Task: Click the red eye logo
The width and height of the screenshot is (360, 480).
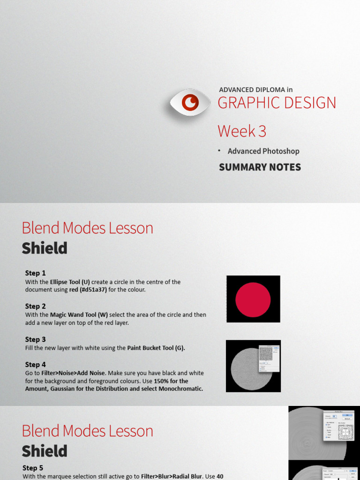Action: (190, 102)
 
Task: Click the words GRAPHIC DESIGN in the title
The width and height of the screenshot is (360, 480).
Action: (277, 103)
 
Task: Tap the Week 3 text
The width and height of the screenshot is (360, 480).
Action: (242, 131)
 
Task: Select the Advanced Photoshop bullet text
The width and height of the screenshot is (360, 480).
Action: (263, 151)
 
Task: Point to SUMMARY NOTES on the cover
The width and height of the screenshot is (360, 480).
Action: (260, 167)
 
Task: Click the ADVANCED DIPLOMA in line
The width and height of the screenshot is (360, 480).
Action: (255, 90)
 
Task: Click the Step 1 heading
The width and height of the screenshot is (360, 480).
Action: (36, 273)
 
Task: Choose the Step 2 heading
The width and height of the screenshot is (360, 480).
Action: (36, 306)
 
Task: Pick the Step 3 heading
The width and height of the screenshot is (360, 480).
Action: (36, 339)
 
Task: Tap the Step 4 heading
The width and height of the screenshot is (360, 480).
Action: (36, 364)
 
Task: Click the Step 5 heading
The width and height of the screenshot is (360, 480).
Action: (33, 468)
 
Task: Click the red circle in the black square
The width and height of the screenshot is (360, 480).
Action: (253, 299)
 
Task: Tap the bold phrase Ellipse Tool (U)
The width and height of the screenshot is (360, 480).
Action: (70, 282)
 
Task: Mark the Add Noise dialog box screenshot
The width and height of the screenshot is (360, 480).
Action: (269, 359)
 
